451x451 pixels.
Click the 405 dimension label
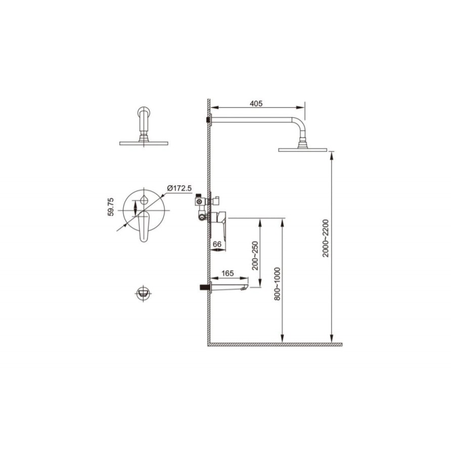tap(256, 103)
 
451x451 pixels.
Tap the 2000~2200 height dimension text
tap(325, 238)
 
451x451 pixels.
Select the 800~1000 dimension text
tap(277, 284)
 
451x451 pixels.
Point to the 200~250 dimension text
tap(255, 255)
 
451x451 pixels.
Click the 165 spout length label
tap(228, 273)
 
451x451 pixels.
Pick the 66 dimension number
tap(217, 244)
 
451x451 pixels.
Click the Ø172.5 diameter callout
tap(179, 188)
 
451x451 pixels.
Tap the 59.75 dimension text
tap(111, 206)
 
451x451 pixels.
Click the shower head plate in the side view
tap(302, 150)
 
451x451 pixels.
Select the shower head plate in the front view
tap(144, 143)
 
